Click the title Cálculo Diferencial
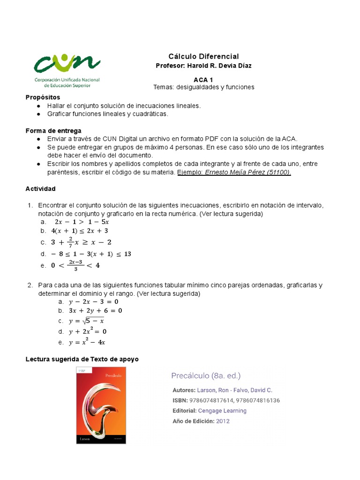[x=203, y=56]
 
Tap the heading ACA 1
[x=203, y=80]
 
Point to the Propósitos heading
[x=43, y=97]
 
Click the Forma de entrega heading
[x=53, y=130]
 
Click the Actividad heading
[x=40, y=188]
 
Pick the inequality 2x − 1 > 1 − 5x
[x=82, y=222]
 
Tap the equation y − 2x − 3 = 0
[x=93, y=302]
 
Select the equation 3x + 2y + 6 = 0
[x=95, y=310]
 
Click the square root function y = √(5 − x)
[x=86, y=321]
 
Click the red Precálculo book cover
[x=101, y=405]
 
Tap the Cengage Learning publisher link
[x=222, y=411]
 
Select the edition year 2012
[x=223, y=421]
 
